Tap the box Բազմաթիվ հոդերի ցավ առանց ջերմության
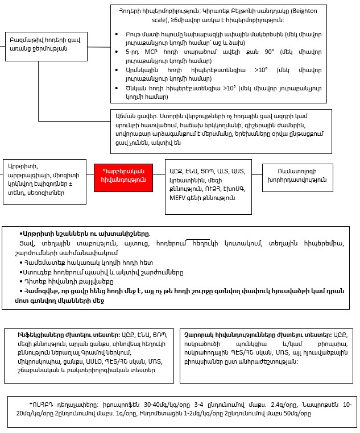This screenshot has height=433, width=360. (38, 44)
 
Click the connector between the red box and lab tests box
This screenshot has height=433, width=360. (158, 175)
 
